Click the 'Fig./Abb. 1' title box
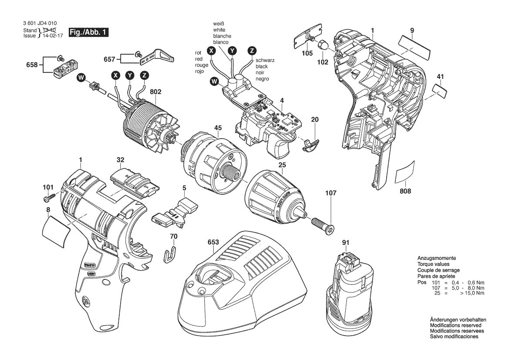pyautogui.click(x=88, y=33)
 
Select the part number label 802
pyautogui.click(x=155, y=92)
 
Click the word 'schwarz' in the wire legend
pyautogui.click(x=265, y=61)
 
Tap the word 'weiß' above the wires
pyautogui.click(x=219, y=24)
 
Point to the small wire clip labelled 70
pyautogui.click(x=172, y=254)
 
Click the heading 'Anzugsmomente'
pyautogui.click(x=436, y=258)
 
